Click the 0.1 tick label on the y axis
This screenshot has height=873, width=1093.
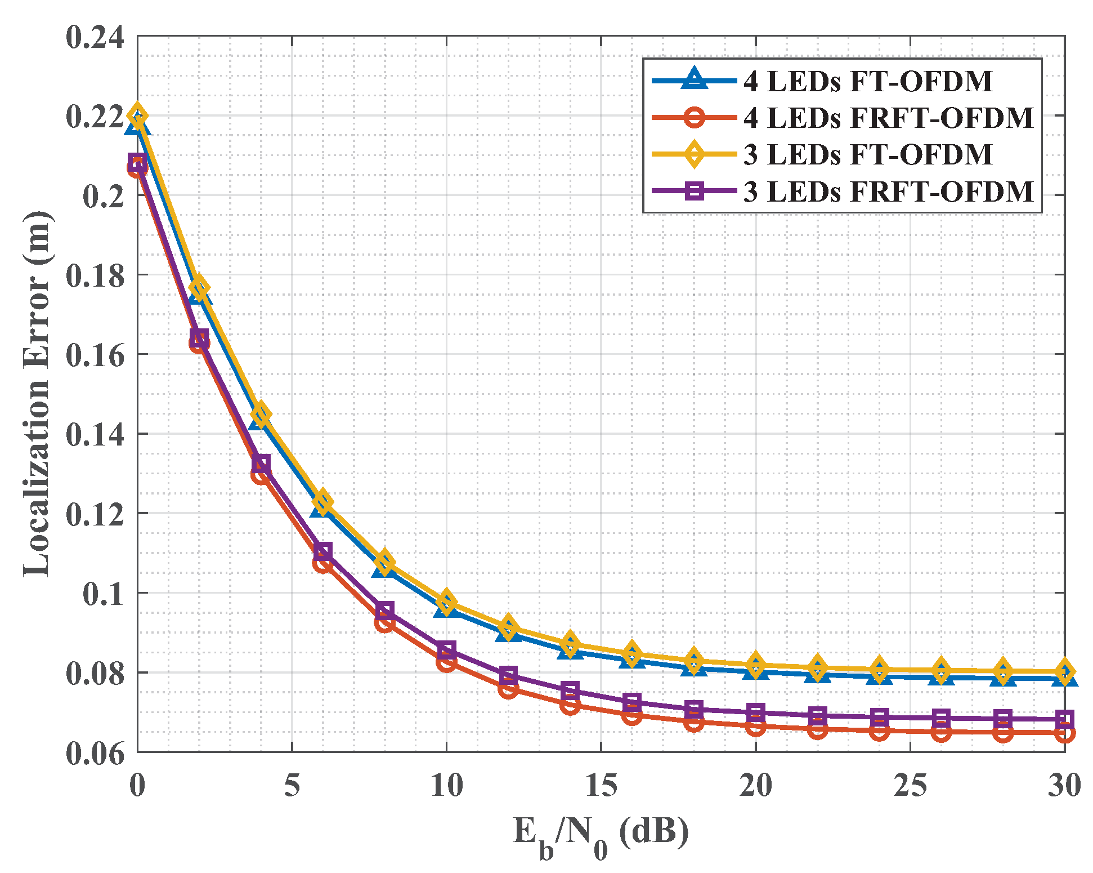click(102, 594)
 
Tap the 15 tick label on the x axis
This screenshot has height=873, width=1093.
click(601, 785)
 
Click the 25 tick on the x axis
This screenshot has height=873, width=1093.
click(910, 785)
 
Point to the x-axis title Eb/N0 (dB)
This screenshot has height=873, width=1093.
click(601, 834)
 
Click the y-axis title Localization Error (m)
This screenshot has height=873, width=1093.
click(37, 394)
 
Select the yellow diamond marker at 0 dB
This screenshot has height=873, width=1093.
click(137, 116)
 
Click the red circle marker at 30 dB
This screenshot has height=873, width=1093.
click(1064, 733)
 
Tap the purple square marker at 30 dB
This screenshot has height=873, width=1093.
click(1064, 719)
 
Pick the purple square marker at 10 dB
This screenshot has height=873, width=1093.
click(446, 650)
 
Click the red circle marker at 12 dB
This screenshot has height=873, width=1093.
click(508, 689)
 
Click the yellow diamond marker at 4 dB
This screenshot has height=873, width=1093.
click(261, 415)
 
